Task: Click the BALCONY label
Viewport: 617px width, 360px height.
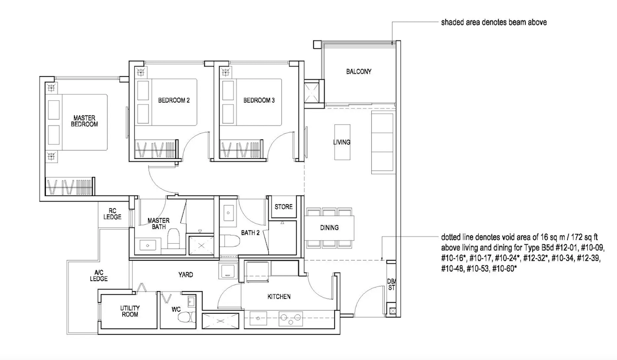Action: [359, 71]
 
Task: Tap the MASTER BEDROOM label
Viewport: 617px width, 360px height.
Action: [84, 121]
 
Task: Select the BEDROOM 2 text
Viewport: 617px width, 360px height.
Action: [174, 100]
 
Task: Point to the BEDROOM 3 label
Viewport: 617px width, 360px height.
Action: [259, 100]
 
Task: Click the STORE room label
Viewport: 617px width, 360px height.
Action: [283, 207]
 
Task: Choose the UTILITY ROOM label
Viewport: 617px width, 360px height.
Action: [130, 311]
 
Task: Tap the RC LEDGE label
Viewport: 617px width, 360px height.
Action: [113, 214]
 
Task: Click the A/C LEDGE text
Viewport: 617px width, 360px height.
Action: [99, 276]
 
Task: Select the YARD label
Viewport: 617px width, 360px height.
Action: [186, 275]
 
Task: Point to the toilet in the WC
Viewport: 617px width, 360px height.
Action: [187, 317]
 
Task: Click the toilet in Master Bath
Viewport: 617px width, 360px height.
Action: [174, 238]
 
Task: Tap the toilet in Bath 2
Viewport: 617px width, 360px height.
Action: [229, 241]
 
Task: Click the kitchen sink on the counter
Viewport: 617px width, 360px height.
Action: [258, 318]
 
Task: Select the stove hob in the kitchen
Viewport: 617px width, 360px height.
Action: [291, 319]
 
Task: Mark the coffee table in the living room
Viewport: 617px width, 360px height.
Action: [342, 142]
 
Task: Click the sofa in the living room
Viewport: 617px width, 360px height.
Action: [383, 142]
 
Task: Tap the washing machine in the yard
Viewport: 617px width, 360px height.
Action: [228, 270]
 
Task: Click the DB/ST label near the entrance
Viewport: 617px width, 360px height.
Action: [391, 284]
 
